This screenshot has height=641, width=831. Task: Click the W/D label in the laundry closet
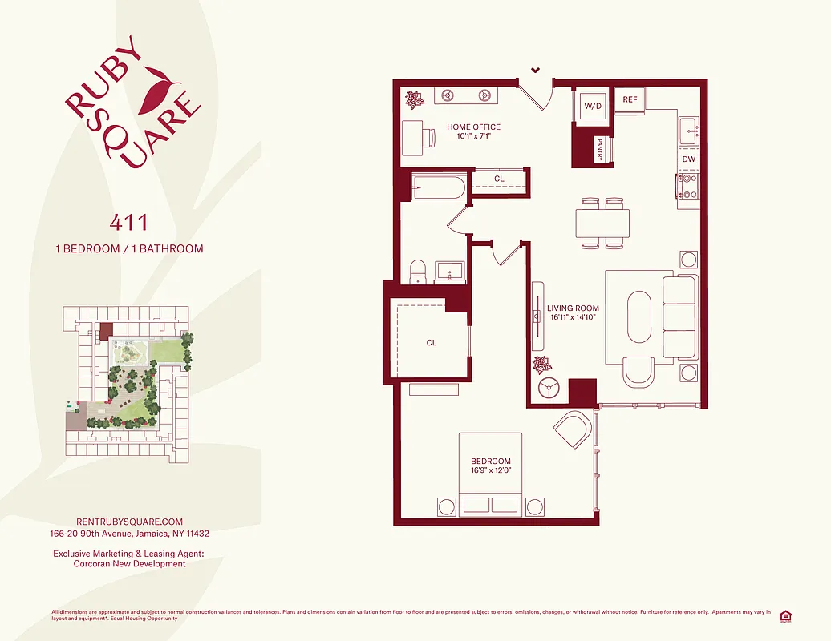pyautogui.click(x=593, y=106)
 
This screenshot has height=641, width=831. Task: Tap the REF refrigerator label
pyautogui.click(x=630, y=99)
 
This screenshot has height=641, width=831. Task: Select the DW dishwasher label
pyautogui.click(x=688, y=159)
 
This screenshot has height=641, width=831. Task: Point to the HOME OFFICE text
pyautogui.click(x=473, y=127)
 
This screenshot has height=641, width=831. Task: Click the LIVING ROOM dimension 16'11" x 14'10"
pyautogui.click(x=573, y=318)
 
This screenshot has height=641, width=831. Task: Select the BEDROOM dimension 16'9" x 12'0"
pyautogui.click(x=490, y=470)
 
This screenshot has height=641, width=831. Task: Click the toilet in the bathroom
pyautogui.click(x=417, y=272)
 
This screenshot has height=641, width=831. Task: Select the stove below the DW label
pyautogui.click(x=687, y=187)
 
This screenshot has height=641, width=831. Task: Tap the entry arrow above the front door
pyautogui.click(x=535, y=71)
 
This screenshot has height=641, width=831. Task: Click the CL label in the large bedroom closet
pyautogui.click(x=432, y=343)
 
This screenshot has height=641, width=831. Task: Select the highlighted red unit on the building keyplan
pyautogui.click(x=106, y=330)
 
